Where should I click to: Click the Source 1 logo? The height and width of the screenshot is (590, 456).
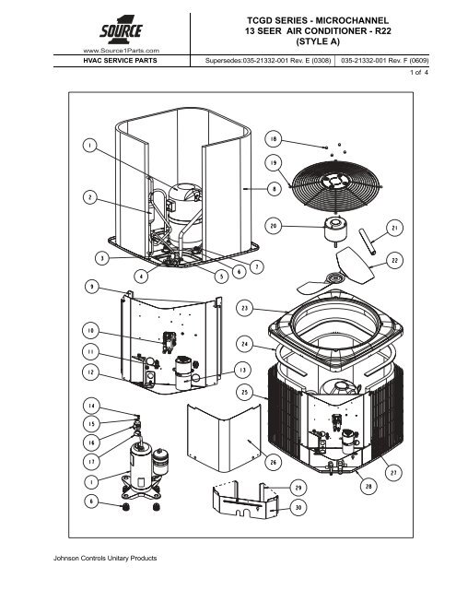[x=121, y=30]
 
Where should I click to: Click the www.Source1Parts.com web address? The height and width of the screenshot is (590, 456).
[x=121, y=51]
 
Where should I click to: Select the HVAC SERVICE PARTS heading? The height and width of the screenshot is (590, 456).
[x=121, y=61]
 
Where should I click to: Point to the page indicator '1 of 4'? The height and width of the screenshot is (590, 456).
[x=419, y=72]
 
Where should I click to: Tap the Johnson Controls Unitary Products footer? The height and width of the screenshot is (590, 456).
[x=105, y=558]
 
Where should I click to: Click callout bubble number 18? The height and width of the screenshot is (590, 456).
[x=274, y=139]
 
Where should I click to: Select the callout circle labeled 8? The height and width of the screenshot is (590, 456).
[x=274, y=189]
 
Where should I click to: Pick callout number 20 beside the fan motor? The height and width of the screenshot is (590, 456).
[x=274, y=226]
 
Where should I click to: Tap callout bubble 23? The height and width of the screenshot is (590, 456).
[x=244, y=309]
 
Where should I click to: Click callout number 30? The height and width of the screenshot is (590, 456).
[x=298, y=508]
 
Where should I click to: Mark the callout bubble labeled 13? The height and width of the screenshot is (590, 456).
[x=243, y=371]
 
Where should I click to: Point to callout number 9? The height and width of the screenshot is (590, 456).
[x=92, y=287]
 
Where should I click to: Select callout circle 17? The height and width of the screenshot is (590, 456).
[x=91, y=461]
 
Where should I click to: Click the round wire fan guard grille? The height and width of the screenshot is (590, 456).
[x=337, y=186]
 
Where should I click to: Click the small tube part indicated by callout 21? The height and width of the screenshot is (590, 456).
[x=367, y=242]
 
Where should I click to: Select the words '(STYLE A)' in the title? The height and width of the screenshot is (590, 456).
[x=318, y=41]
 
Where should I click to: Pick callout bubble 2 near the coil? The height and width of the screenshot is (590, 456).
[x=90, y=197]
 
